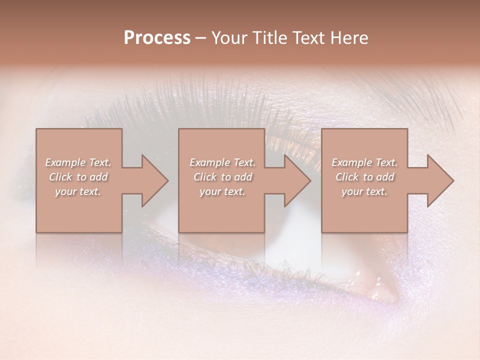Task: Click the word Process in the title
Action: [157, 38]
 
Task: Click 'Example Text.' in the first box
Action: [78, 162]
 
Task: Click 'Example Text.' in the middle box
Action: [222, 162]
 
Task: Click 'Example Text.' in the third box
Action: [364, 162]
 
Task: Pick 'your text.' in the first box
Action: [78, 191]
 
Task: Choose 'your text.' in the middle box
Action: [222, 191]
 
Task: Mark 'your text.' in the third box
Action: [364, 191]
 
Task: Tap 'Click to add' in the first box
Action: [78, 177]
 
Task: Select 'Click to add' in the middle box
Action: [222, 177]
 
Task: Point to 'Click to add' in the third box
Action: [364, 177]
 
